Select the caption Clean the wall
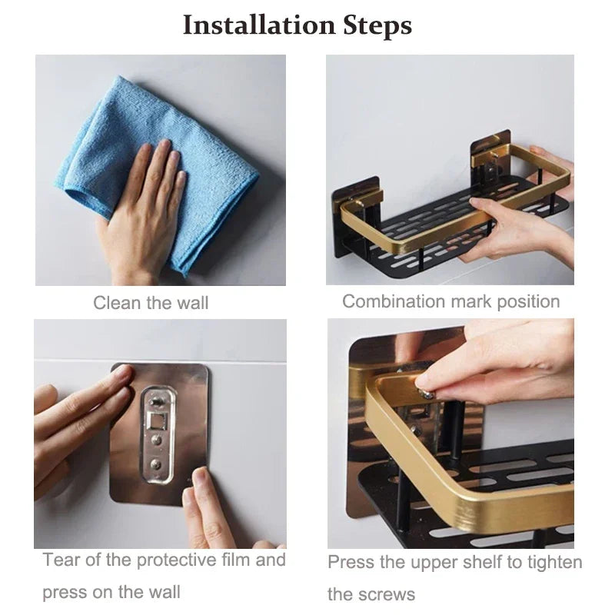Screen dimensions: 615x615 point(151,303)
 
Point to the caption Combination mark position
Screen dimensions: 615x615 point(450,301)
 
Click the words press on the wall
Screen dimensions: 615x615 point(111,593)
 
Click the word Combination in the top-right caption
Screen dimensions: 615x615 point(389,301)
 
